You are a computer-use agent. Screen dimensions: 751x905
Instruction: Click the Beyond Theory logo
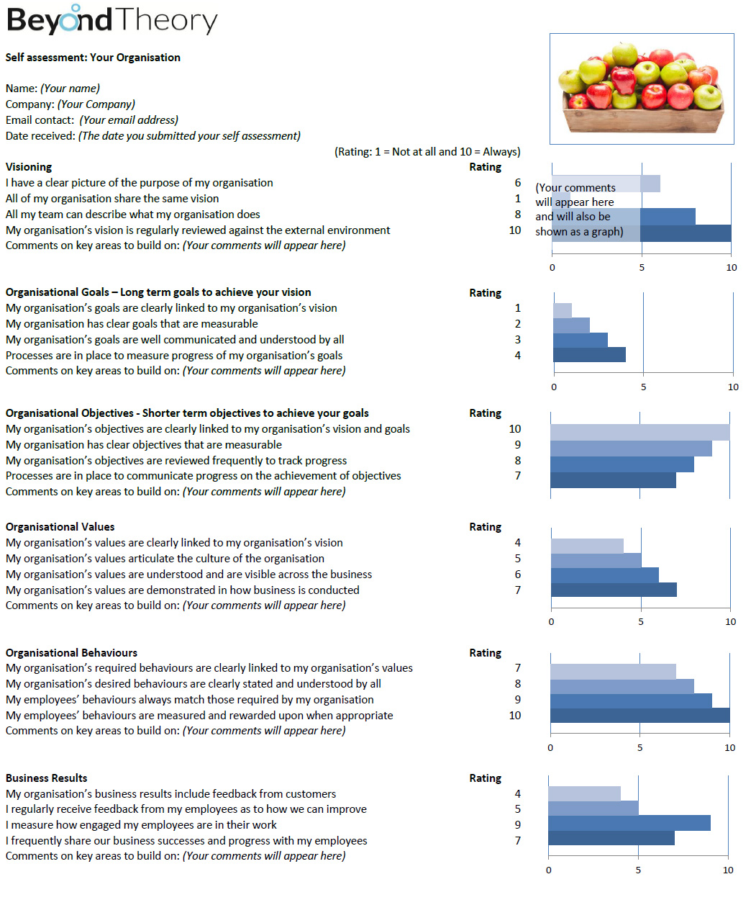(x=112, y=19)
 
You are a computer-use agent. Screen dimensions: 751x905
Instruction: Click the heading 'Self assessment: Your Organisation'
(x=93, y=58)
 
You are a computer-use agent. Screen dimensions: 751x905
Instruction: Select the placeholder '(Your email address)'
(x=129, y=120)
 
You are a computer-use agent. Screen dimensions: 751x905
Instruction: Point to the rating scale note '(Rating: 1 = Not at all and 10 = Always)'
(x=427, y=152)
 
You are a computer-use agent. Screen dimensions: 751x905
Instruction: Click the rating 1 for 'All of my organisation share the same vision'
(x=517, y=199)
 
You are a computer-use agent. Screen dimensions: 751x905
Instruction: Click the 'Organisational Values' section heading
(x=60, y=526)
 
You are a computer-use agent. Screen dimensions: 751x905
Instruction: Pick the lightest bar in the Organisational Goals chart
(x=563, y=310)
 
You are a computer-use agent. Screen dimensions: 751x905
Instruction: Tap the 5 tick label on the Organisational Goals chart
(x=643, y=387)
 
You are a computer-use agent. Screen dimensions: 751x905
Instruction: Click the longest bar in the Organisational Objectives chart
(x=640, y=433)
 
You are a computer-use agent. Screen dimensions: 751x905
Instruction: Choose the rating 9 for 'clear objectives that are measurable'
(x=517, y=445)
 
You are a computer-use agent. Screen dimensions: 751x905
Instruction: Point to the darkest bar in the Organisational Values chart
(x=614, y=590)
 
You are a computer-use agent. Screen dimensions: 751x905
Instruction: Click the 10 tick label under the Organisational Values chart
(x=730, y=621)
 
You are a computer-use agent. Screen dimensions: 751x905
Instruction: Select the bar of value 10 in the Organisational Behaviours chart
(x=640, y=716)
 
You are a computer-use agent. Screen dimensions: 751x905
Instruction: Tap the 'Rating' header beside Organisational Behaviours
(x=485, y=653)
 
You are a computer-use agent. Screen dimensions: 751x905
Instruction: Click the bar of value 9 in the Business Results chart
(x=629, y=823)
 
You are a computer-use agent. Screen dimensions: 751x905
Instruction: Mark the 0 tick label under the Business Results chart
(x=549, y=870)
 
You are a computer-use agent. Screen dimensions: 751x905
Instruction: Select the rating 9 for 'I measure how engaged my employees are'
(x=517, y=825)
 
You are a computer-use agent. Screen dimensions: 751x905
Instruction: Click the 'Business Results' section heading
(x=46, y=778)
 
